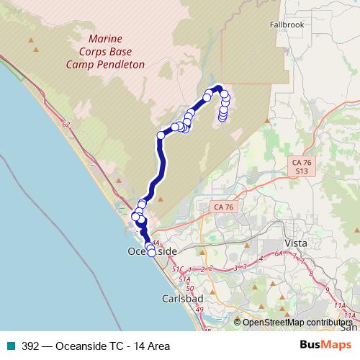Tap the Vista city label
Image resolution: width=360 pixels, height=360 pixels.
pos(296,243)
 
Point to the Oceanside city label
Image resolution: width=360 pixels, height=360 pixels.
pos(152,251)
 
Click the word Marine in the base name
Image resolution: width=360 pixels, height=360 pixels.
pos(106,38)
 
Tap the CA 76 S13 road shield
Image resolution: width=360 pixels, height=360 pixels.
pos(302,167)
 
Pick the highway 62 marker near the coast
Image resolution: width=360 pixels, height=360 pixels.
pos(66,125)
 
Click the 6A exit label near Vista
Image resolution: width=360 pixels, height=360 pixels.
pos(279,253)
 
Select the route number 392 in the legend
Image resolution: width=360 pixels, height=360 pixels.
pos(30,346)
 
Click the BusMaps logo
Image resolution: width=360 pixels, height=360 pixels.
pos(325,346)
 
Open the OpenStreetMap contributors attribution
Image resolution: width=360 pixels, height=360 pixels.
pos(297,323)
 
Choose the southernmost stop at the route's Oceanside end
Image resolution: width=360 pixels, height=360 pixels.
pos(152,252)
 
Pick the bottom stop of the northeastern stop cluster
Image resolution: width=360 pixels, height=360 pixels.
pos(222,118)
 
